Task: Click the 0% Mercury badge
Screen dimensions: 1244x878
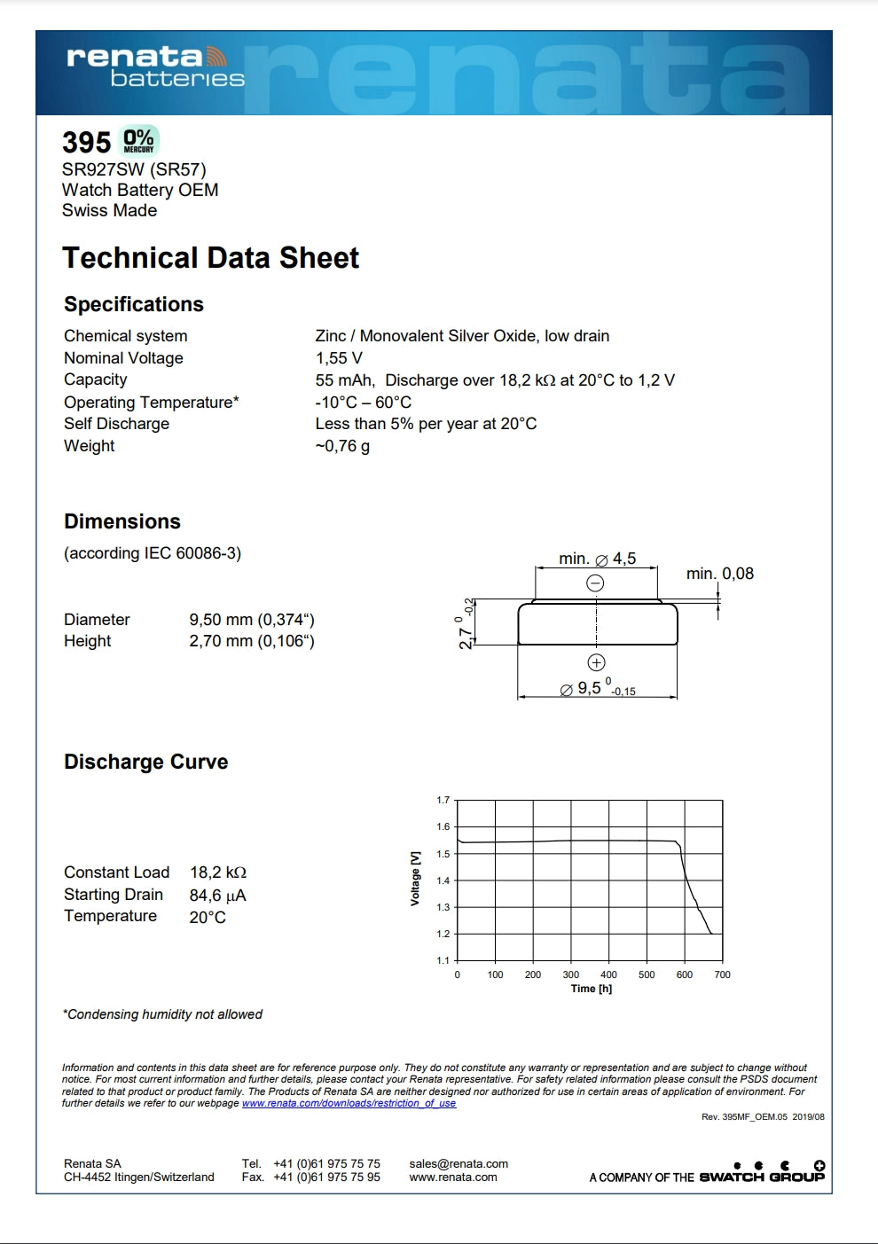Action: pyautogui.click(x=138, y=141)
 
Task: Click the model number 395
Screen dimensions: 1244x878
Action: pyautogui.click(x=86, y=142)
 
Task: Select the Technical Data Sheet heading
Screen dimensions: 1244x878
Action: pyautogui.click(x=210, y=258)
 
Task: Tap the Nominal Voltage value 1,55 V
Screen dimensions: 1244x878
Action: pyautogui.click(x=339, y=358)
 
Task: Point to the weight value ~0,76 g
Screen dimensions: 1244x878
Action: pyautogui.click(x=342, y=446)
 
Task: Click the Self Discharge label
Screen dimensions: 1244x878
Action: pyautogui.click(x=116, y=424)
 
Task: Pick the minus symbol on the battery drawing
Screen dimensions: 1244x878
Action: pyautogui.click(x=596, y=583)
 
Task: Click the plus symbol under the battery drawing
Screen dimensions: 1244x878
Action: pyautogui.click(x=596, y=662)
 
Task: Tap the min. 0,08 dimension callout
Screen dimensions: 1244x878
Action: pyautogui.click(x=719, y=574)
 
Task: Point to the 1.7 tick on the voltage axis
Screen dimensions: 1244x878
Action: pyautogui.click(x=443, y=800)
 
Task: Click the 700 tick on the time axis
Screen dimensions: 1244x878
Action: pyautogui.click(x=722, y=974)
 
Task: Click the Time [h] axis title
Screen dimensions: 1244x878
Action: pyautogui.click(x=591, y=989)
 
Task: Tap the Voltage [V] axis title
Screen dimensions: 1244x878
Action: pyautogui.click(x=415, y=879)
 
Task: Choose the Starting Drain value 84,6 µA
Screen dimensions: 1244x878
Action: pyautogui.click(x=217, y=896)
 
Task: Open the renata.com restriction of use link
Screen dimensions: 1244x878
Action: pyautogui.click(x=349, y=1103)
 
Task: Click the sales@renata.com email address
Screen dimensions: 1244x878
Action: pyautogui.click(x=459, y=1164)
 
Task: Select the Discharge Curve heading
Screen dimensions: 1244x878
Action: pyautogui.click(x=145, y=763)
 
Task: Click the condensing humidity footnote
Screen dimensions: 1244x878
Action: pyautogui.click(x=162, y=1014)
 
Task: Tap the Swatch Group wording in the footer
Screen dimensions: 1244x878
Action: pyautogui.click(x=761, y=1177)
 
